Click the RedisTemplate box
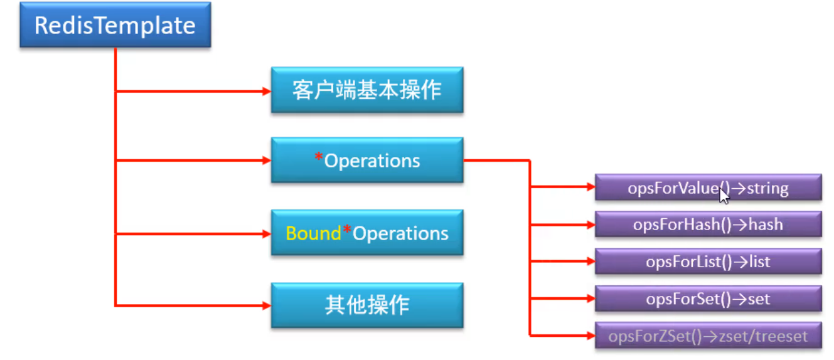[115, 25]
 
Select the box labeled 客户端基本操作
[367, 90]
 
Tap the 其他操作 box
[367, 305]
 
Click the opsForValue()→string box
[708, 188]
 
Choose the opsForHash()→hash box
[708, 224]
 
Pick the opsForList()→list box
[708, 262]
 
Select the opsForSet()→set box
[708, 299]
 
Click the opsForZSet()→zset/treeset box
[708, 336]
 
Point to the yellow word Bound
[313, 233]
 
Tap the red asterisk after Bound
[347, 229]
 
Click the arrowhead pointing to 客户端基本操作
[267, 91]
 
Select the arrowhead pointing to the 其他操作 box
[267, 305]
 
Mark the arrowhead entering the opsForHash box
[591, 225]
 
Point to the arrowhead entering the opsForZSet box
[591, 336]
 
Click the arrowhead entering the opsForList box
[591, 262]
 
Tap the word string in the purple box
[767, 188]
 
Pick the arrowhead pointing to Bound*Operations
[267, 234]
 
